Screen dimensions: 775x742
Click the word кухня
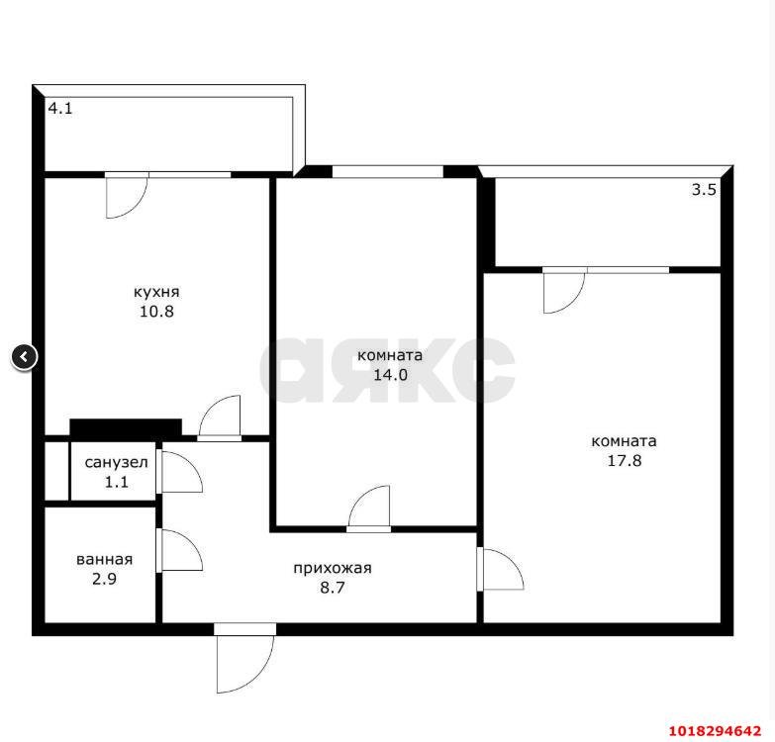coord(156,292)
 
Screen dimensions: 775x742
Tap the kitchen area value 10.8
coord(156,312)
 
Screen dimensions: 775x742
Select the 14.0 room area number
coord(390,375)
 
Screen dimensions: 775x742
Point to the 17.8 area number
coord(625,460)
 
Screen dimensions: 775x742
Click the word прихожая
coord(333,568)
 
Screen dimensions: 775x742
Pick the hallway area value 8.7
coord(333,588)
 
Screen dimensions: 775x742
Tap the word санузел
coord(116,463)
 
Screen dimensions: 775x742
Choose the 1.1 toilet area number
coord(116,482)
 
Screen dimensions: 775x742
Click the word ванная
coord(104,559)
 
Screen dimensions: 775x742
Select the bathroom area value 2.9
coord(104,579)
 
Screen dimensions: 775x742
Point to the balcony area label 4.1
coord(60,108)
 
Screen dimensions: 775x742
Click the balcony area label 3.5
coord(704,190)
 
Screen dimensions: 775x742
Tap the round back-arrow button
coord(24,356)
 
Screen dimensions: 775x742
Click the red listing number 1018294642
coord(715,731)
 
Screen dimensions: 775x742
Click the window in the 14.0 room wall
coord(388,172)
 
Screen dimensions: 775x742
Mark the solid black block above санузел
coord(126,427)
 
